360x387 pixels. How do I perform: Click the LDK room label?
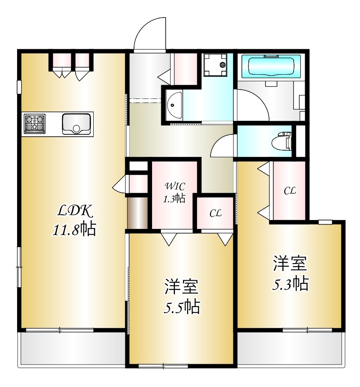point(75,212)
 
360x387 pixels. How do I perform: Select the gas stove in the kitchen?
point(34,123)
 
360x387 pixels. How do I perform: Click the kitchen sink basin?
point(76,123)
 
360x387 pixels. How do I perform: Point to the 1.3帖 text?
point(174,199)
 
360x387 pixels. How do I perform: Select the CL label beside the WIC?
point(215,214)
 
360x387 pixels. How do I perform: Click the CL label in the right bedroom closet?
point(289,191)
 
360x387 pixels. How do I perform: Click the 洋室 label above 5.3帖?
point(289,264)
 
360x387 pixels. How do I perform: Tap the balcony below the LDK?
point(73,349)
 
